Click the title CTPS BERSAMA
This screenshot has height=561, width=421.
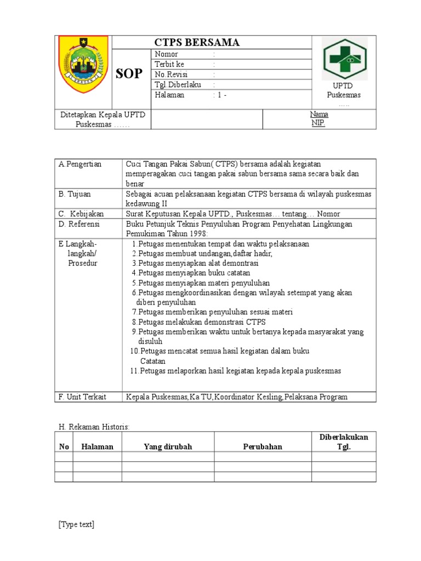(x=196, y=43)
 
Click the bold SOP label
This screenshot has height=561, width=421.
(x=129, y=74)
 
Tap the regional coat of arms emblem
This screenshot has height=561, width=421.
(x=83, y=65)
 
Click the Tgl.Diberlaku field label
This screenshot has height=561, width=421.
(x=178, y=84)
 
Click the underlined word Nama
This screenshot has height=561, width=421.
(x=318, y=114)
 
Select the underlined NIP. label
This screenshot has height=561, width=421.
(x=318, y=123)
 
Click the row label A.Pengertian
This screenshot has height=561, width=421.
(x=80, y=164)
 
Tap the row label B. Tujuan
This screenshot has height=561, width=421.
(x=75, y=194)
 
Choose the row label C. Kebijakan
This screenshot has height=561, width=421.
(x=81, y=214)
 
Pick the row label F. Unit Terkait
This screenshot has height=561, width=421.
(x=83, y=397)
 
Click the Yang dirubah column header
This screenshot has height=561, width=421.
(x=168, y=446)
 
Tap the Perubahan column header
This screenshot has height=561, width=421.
(x=263, y=446)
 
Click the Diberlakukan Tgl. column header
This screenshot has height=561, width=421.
(x=344, y=442)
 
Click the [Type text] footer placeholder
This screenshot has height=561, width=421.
(x=76, y=524)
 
